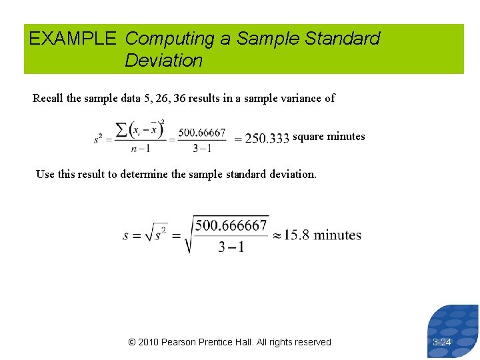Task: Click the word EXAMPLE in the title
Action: (72, 39)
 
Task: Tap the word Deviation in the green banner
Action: (163, 61)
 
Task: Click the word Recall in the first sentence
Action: (48, 99)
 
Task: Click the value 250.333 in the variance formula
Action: (267, 138)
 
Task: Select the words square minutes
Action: (329, 137)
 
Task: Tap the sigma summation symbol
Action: (121, 130)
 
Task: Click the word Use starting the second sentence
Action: (45, 174)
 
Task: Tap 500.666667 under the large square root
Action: (231, 225)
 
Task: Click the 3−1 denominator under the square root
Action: (231, 247)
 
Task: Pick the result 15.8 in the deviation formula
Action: (297, 235)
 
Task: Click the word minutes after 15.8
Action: (337, 235)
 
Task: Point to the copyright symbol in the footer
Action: (132, 342)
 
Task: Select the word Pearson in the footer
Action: (181, 342)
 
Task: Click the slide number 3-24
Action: (442, 342)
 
